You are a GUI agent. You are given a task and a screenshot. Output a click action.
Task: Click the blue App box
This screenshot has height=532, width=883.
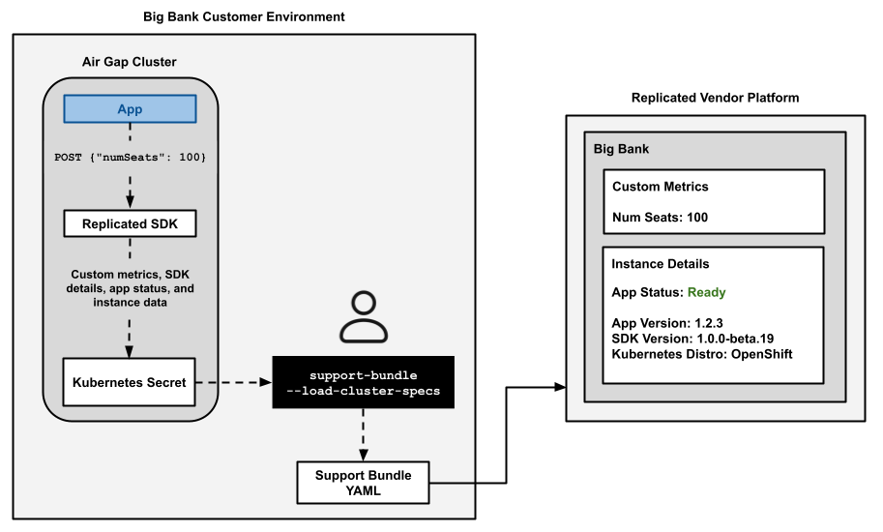point(130,109)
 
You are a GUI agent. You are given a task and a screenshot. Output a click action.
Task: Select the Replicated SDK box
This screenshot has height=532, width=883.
point(130,224)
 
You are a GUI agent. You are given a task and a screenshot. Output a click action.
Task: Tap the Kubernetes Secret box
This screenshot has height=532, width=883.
point(129,382)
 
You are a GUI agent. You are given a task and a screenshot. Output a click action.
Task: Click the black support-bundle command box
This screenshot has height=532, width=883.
point(363,383)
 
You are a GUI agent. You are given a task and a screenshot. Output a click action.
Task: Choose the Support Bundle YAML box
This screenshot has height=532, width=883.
point(363,483)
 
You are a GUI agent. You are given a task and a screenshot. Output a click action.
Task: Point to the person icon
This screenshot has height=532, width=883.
point(363,317)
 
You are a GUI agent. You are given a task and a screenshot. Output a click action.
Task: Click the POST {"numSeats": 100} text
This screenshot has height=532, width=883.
point(130,157)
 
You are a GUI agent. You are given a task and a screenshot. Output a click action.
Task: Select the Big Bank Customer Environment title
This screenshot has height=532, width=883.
point(244,17)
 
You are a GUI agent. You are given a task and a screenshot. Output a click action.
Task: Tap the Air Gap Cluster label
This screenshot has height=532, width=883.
point(129,62)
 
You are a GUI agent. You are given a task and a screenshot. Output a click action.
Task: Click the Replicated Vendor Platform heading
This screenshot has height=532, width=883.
point(715,98)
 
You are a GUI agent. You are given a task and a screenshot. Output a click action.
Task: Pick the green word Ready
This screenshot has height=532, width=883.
point(706,292)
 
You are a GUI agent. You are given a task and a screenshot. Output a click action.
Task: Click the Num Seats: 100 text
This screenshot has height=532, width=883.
point(660,218)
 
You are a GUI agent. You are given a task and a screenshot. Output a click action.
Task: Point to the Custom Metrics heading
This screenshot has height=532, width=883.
point(660,187)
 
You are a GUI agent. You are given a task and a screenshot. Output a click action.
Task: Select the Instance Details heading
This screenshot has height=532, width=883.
point(661,264)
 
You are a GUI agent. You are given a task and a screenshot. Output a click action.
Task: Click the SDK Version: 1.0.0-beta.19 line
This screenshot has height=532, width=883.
point(692,339)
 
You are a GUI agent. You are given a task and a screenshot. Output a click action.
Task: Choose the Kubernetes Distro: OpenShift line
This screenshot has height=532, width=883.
point(703,354)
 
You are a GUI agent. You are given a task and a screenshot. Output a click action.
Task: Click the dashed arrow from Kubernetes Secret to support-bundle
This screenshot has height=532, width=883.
point(234,383)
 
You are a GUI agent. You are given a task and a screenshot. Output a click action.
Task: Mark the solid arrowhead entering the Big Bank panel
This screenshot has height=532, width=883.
point(559,387)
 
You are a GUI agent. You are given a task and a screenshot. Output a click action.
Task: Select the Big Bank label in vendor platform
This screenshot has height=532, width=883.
point(621,150)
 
